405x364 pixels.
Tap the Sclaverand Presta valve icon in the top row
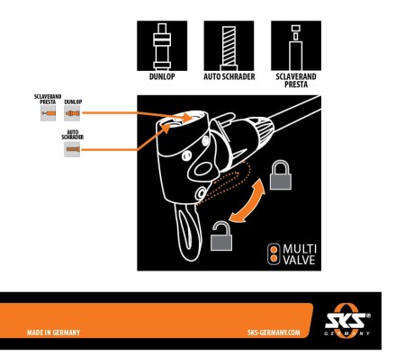(x=295, y=43)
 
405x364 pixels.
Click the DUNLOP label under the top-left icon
(x=162, y=76)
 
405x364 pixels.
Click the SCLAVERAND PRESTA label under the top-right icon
(x=295, y=80)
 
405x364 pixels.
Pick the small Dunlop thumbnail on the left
(x=73, y=117)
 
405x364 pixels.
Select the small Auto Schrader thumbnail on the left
(x=73, y=150)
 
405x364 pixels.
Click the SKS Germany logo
(x=347, y=321)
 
